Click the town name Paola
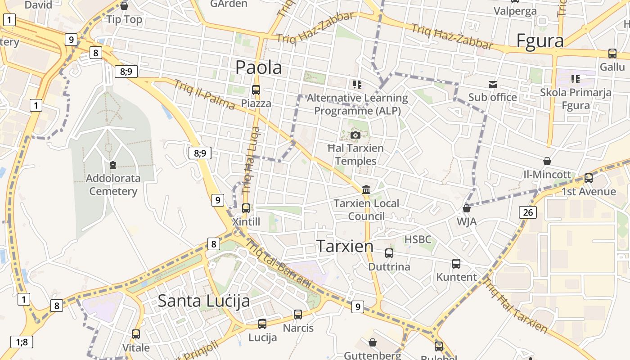click(259, 67)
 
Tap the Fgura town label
click(540, 40)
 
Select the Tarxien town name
click(345, 246)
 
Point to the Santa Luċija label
click(203, 301)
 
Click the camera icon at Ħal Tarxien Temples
click(355, 135)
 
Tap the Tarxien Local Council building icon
click(366, 189)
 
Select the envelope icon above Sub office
click(493, 84)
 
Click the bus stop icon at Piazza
click(256, 90)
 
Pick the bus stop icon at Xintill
click(246, 208)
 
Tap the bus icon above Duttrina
click(389, 253)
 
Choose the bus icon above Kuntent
click(456, 263)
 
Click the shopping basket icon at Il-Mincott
click(547, 161)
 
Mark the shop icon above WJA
click(467, 208)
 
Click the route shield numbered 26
click(527, 212)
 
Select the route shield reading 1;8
click(22, 342)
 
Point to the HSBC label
click(418, 239)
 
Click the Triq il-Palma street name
click(204, 95)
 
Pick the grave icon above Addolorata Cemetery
click(112, 165)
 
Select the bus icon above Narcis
click(298, 314)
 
